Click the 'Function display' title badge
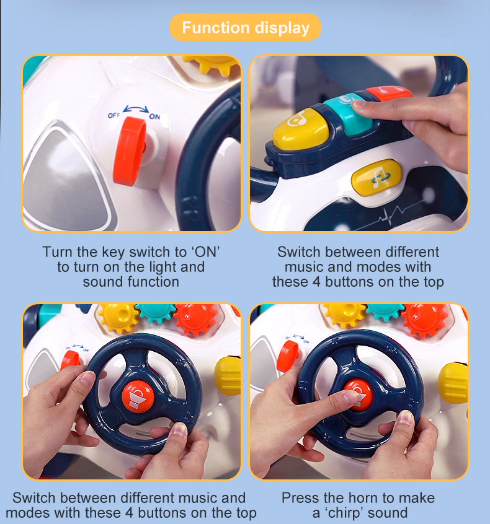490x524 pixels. click(245, 27)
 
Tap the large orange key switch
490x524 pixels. click(129, 151)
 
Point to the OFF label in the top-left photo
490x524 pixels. click(114, 115)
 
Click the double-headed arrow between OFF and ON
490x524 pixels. click(136, 109)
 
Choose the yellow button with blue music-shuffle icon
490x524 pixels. click(376, 177)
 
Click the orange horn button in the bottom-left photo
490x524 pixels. click(137, 396)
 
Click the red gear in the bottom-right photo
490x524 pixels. click(424, 319)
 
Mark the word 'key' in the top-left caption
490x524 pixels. click(114, 253)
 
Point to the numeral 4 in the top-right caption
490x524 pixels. click(316, 282)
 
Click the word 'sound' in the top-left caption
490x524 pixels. click(103, 282)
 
